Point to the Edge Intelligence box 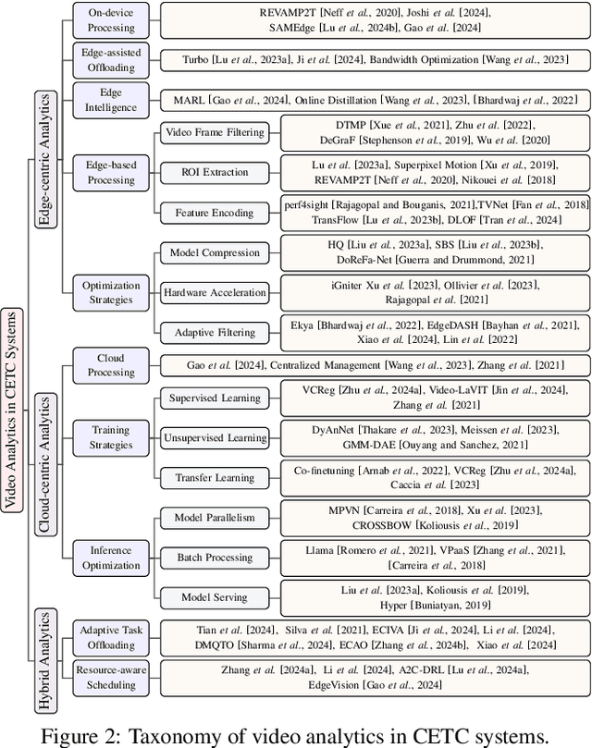coord(110,99)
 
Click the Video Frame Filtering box coord(214,132)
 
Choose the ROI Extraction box coord(214,172)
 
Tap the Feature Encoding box coord(214,212)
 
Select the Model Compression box coord(214,252)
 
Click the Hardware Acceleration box coord(214,292)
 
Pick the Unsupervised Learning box coord(214,437)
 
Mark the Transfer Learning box coord(214,477)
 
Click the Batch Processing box coord(214,558)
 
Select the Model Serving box coord(214,597)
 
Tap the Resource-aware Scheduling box coord(110,677)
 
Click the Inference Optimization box coord(110,558)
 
